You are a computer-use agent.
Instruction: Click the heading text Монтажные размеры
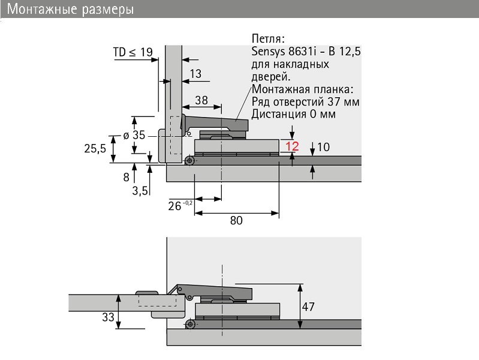(70, 9)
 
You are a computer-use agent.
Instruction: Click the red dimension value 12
(292, 146)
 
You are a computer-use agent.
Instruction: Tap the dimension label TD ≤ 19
(133, 52)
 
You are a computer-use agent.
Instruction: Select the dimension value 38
(201, 100)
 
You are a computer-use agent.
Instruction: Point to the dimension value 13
(195, 74)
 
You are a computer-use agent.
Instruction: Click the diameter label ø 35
(134, 135)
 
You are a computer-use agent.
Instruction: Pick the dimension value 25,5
(95, 149)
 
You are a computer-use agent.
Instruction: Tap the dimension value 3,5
(140, 191)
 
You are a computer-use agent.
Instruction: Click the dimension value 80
(236, 220)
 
